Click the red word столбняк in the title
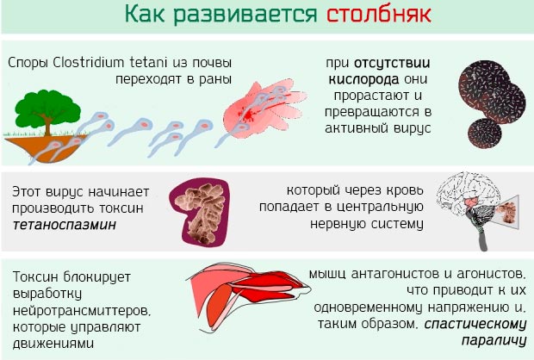point(376,15)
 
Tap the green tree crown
point(41,107)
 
